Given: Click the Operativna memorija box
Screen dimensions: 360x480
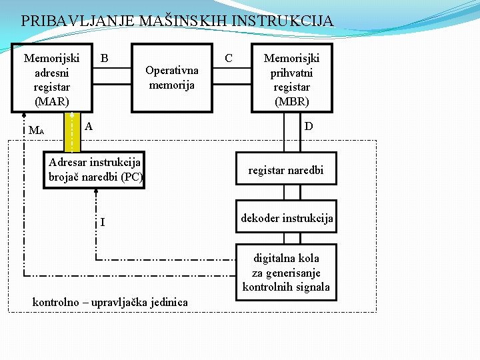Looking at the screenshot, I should click(171, 77).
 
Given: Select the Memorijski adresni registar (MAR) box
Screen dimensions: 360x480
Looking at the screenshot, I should click(51, 79).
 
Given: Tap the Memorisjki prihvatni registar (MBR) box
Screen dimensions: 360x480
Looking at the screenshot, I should click(291, 79).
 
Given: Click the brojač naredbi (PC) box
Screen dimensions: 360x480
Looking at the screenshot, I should click(95, 170).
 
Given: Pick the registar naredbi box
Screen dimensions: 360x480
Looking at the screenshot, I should click(285, 171).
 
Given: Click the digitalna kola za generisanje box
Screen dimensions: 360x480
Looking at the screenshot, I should click(286, 273).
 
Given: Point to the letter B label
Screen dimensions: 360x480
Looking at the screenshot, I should click(105, 59).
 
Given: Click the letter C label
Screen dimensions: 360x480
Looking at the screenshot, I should click(229, 59).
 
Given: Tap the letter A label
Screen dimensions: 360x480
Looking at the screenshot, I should click(89, 126).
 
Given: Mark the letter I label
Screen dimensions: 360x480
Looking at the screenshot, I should click(102, 222).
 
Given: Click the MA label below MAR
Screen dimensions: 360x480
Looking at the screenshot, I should click(36, 130).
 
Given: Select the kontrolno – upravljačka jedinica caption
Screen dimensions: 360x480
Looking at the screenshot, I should click(110, 303).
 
